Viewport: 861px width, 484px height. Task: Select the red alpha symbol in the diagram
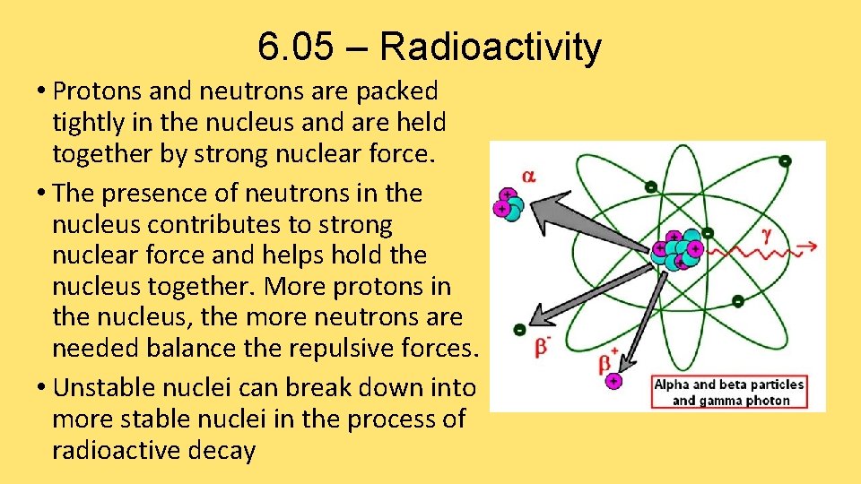(528, 176)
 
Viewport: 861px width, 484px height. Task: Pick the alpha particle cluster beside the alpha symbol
(508, 203)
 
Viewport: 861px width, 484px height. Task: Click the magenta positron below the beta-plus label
(613, 381)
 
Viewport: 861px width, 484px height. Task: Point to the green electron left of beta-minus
(519, 330)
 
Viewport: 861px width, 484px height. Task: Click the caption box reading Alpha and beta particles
(729, 391)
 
